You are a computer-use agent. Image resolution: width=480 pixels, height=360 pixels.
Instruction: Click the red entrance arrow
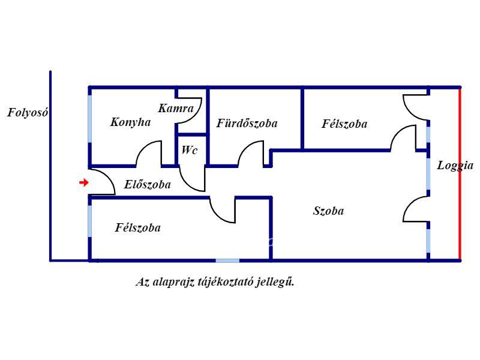83,183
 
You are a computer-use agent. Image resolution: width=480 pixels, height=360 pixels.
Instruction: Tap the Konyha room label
130,122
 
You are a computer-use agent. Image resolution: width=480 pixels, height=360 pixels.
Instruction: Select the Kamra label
176,109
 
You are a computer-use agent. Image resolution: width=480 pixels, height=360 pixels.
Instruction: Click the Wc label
190,150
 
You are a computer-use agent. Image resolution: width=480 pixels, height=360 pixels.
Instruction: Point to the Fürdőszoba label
247,123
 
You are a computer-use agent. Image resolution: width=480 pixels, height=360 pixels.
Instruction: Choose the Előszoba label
147,184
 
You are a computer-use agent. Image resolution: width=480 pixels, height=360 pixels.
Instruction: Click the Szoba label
328,211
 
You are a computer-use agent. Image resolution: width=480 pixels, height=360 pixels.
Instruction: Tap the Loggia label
455,166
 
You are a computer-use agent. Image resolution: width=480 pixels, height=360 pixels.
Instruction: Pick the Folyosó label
28,113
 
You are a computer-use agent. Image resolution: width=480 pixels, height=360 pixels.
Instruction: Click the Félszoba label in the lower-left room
138,228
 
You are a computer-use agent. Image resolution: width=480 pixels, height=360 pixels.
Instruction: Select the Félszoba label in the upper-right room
344,124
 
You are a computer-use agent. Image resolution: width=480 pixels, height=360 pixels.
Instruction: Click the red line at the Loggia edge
460,174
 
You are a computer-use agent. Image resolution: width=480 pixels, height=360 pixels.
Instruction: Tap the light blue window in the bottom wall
227,261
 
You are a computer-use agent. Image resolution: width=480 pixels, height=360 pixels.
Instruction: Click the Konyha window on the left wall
89,119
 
